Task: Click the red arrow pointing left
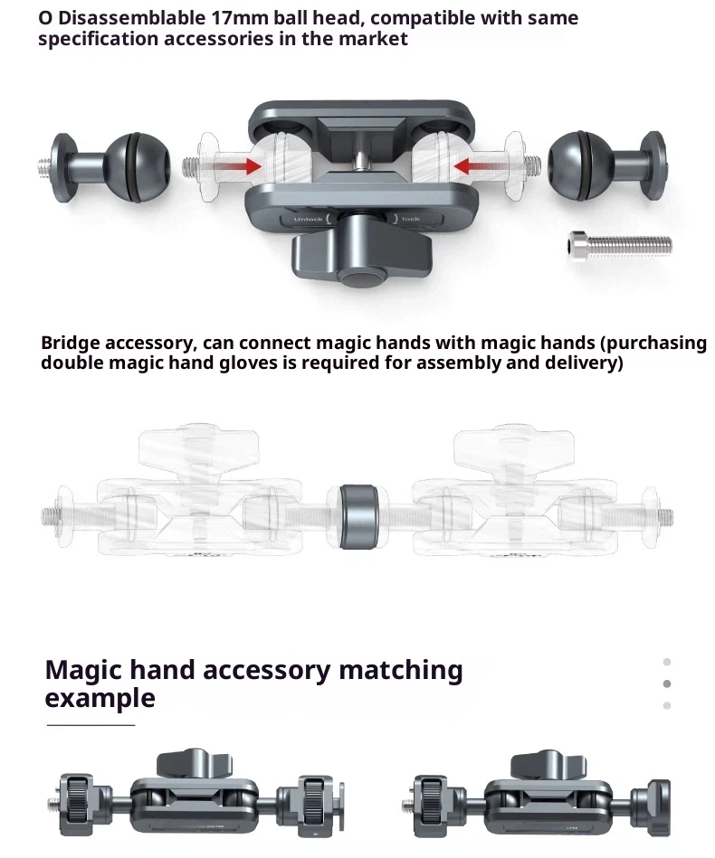coord(477,165)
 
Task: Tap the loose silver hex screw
coord(620,246)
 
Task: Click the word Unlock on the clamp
coord(308,220)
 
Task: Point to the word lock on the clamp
coord(410,219)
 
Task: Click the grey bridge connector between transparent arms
coord(358,516)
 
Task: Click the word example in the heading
coord(100,699)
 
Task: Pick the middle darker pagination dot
coord(667,684)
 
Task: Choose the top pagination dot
coord(667,662)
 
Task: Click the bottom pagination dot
coord(667,705)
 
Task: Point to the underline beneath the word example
coord(91,725)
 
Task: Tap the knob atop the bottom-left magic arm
coord(195,763)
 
